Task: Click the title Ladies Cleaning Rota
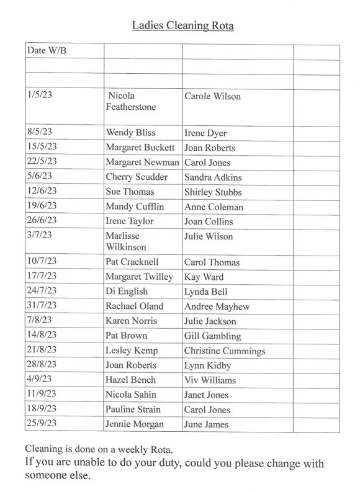182,25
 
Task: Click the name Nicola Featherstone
130,102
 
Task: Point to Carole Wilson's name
212,96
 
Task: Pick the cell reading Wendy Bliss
130,133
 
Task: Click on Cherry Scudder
137,177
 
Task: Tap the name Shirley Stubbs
213,192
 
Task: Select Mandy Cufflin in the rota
133,207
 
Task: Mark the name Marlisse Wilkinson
128,242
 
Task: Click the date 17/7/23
42,277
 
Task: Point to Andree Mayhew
215,306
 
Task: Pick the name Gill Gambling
212,336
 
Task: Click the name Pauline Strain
133,409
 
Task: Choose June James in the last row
206,424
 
